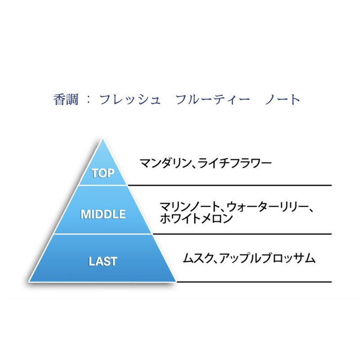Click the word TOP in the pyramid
(103, 173)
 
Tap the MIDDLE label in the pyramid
(103, 215)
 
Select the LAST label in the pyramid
(103, 261)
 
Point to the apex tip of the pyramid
(103, 139)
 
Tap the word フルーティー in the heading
(213, 99)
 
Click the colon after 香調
(88, 99)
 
